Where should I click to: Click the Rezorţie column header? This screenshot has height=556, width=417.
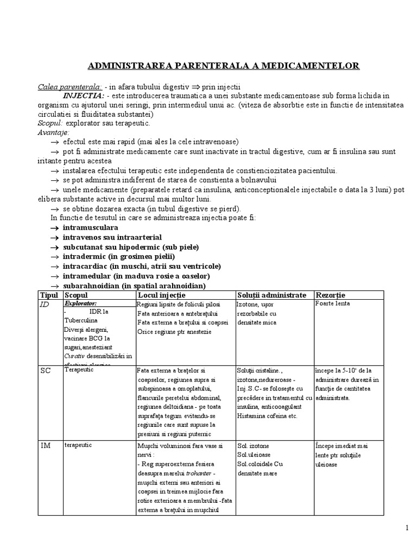click(330, 295)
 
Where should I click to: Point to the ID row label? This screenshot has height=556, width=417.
click(45, 305)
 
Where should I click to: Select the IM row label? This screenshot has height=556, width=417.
click(46, 445)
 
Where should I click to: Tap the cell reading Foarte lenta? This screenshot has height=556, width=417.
click(332, 304)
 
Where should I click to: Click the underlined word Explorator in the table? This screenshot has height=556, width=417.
click(81, 304)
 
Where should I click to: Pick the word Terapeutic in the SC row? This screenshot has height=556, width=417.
click(79, 369)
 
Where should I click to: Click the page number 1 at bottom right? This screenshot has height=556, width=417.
click(407, 528)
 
